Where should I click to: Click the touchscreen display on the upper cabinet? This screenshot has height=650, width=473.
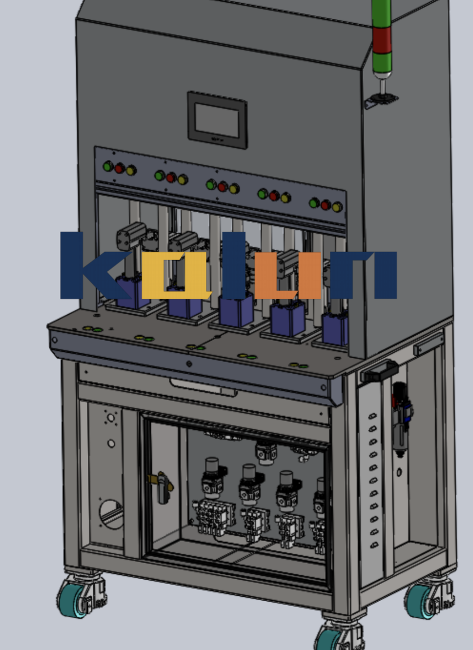(217, 120)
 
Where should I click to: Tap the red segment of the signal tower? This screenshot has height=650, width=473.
(382, 40)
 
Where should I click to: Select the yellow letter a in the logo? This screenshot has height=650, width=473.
(176, 275)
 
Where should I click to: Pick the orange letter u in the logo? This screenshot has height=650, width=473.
(288, 275)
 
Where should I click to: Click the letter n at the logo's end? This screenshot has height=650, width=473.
(364, 275)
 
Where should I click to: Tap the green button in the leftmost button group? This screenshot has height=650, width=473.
(108, 167)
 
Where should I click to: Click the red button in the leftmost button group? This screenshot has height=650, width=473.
(119, 168)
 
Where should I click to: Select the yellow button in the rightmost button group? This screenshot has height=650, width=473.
(337, 207)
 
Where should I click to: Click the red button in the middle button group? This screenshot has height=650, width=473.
(223, 187)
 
